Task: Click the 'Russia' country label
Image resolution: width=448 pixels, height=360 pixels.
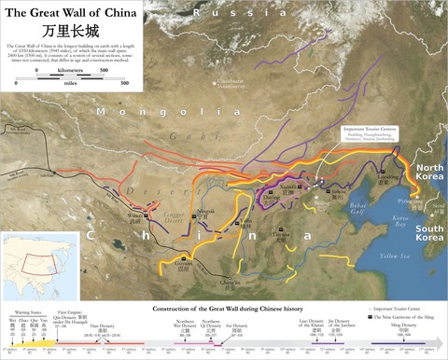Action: pyautogui.click(x=229, y=12)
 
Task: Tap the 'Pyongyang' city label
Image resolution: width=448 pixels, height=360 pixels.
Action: pyautogui.click(x=403, y=200)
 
